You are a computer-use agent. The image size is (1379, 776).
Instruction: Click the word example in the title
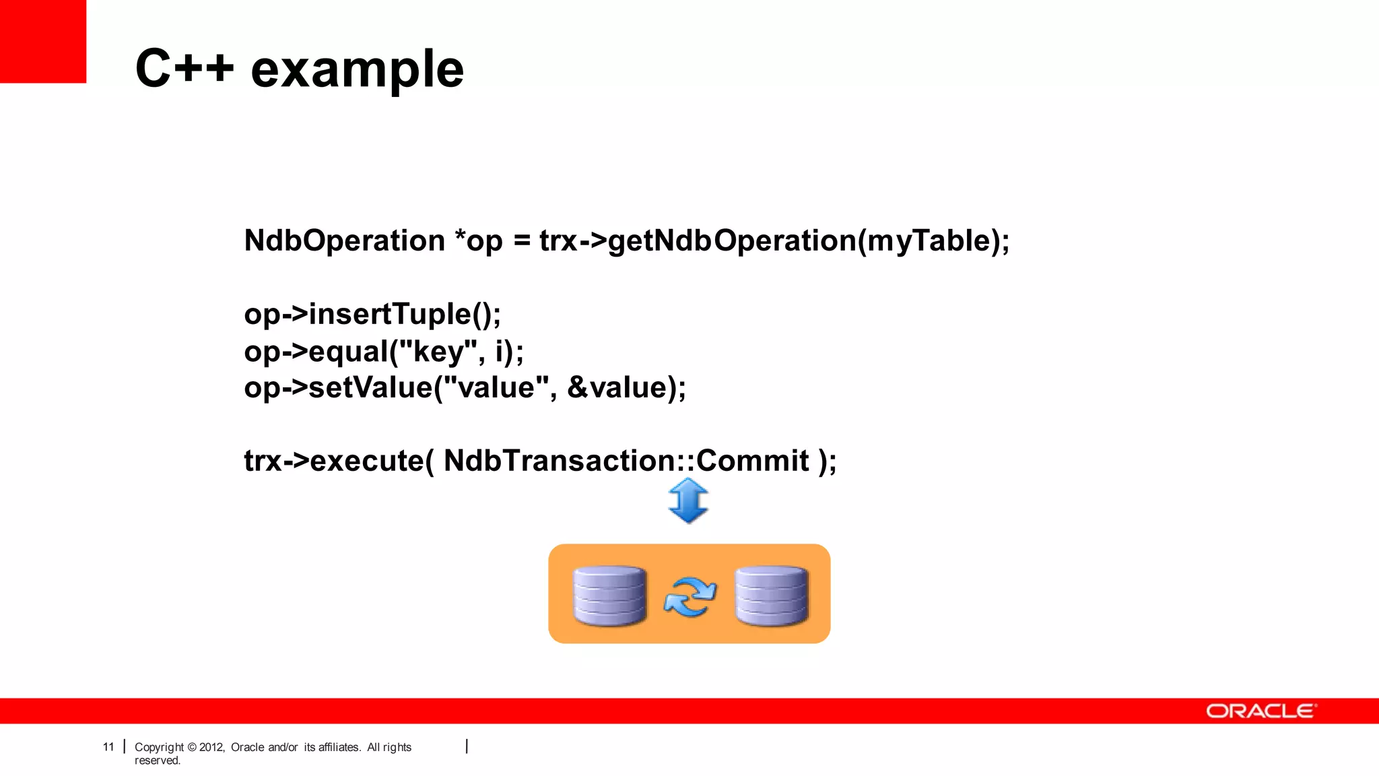pos(357,69)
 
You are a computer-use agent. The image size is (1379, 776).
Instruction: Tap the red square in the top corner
pos(42,40)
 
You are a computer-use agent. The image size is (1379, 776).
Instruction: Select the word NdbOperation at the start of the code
pos(344,240)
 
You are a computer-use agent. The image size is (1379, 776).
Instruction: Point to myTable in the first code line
pos(929,240)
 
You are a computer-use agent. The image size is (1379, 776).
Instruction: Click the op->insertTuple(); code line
pos(372,314)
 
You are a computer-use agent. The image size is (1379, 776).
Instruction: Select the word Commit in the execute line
pos(752,461)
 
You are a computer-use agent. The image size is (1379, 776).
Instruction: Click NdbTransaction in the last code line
pos(559,461)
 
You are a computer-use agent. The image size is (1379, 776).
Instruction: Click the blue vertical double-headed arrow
pos(688,500)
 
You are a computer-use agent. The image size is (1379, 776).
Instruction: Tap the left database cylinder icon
pos(609,595)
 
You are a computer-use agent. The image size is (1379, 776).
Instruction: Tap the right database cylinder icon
pos(771,595)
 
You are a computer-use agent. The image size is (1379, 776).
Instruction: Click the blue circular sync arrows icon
pos(689,597)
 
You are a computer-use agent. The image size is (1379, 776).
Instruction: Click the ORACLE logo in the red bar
pos(1260,711)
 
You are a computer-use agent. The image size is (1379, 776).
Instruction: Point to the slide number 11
pos(108,747)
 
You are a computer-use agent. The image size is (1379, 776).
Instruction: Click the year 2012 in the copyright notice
pos(211,747)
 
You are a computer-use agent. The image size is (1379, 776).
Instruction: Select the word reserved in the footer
pos(157,761)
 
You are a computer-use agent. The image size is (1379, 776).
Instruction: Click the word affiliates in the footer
pos(339,747)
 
